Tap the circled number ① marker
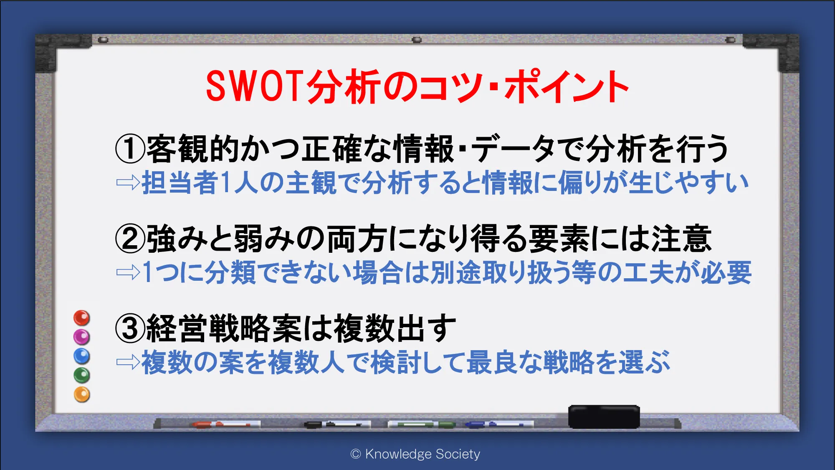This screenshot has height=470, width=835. [x=130, y=149]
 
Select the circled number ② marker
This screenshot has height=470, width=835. [x=130, y=239]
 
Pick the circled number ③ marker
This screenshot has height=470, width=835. [x=130, y=328]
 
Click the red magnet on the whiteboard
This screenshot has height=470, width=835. [x=82, y=318]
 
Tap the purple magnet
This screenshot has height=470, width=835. [x=82, y=337]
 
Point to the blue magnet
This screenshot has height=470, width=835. [x=82, y=356]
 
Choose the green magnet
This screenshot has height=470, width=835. [x=82, y=375]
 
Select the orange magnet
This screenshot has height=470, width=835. [x=82, y=394]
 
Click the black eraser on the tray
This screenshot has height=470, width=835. [x=604, y=417]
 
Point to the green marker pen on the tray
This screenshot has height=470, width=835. [x=422, y=424]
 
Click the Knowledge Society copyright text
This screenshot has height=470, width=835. [x=415, y=454]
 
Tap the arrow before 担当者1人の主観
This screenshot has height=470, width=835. [x=128, y=183]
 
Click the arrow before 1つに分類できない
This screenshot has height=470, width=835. [x=128, y=272]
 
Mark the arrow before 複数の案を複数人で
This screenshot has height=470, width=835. [x=128, y=362]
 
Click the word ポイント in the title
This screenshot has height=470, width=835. [x=567, y=86]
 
